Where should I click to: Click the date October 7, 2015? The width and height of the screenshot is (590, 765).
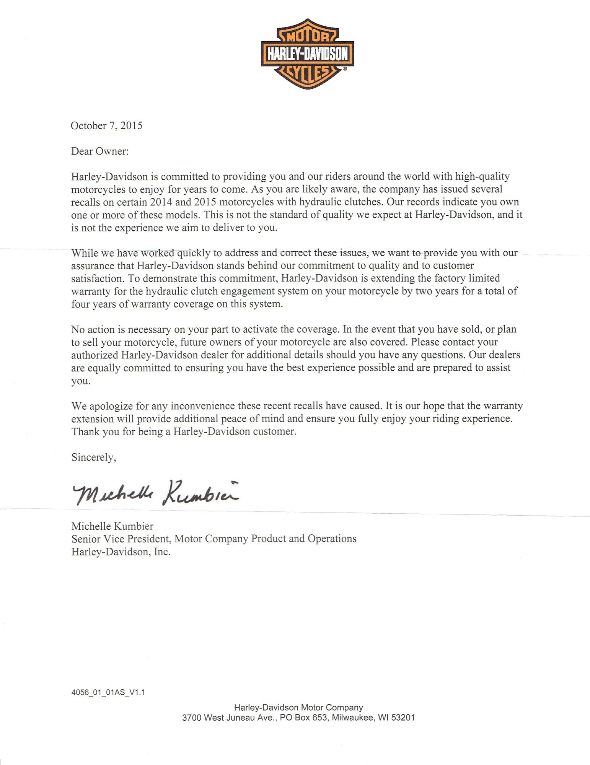[x=107, y=126]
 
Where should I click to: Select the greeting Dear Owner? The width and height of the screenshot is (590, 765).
[x=100, y=151]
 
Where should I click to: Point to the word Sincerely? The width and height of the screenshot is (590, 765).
[x=93, y=457]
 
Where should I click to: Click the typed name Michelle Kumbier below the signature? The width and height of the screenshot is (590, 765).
[x=112, y=526]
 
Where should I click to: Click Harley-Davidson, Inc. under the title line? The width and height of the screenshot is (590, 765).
[x=121, y=552]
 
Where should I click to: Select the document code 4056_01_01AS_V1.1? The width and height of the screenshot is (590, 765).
[x=108, y=692]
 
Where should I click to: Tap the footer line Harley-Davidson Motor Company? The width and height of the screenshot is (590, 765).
[x=298, y=708]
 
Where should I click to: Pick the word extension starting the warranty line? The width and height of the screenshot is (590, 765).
[x=92, y=418]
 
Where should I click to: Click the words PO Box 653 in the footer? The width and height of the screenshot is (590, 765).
[x=304, y=718]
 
